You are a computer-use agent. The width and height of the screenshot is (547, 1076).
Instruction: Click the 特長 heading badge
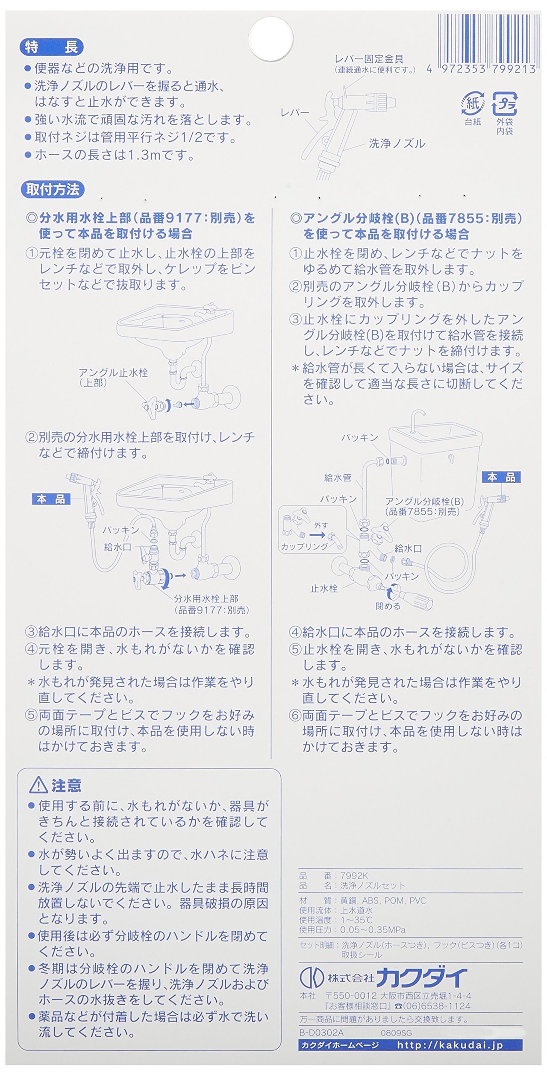(x=51, y=47)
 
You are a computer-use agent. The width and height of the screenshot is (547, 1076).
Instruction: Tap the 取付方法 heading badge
(x=53, y=189)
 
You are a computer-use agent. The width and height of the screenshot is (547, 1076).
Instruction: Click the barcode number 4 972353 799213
(x=481, y=69)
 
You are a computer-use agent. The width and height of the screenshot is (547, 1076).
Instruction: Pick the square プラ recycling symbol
(x=504, y=103)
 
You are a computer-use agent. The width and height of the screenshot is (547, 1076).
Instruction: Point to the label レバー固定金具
(x=369, y=59)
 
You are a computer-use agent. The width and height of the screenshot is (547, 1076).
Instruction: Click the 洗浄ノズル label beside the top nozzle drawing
(x=397, y=144)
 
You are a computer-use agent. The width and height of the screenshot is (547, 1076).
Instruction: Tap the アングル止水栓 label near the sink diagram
(x=113, y=373)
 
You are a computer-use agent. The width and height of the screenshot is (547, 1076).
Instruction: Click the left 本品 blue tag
(x=51, y=499)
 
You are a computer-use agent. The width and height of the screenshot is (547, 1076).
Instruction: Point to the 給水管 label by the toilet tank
(x=338, y=478)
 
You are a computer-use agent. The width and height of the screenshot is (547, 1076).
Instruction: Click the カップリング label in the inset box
(x=304, y=546)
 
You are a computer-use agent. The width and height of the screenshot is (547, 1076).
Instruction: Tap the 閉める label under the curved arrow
(x=388, y=606)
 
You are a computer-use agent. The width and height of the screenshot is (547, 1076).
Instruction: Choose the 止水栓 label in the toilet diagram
(x=324, y=588)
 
